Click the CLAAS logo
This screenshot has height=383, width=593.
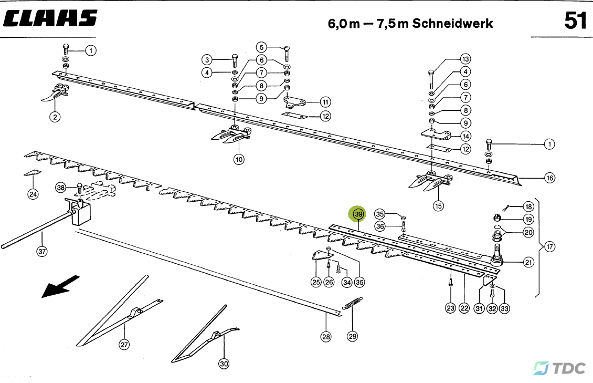coord(50,18)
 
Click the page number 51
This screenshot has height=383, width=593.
coord(575,20)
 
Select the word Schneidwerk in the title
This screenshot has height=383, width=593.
coord(452,23)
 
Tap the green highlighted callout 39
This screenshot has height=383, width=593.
coord(358,214)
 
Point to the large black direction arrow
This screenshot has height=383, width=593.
coord(60,286)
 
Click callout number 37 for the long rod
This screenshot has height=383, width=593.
coord(42,251)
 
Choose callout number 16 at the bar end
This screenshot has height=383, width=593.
coord(549,178)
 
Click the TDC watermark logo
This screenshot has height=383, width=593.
coord(559,368)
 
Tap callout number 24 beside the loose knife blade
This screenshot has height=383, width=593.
coord(33,194)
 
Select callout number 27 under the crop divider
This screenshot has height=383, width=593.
coord(124,345)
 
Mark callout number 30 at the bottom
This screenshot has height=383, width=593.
coord(224,364)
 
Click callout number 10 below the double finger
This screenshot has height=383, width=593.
coord(239,159)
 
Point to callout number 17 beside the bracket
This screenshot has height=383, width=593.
coord(549,247)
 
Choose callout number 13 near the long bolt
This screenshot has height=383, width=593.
coord(465,59)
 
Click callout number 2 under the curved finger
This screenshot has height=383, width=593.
coord(55,117)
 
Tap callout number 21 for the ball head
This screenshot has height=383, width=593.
coord(528,262)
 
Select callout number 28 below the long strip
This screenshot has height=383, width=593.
coord(326,336)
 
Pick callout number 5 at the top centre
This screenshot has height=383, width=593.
coord(261,47)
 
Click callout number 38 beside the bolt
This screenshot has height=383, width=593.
coord(61,188)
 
